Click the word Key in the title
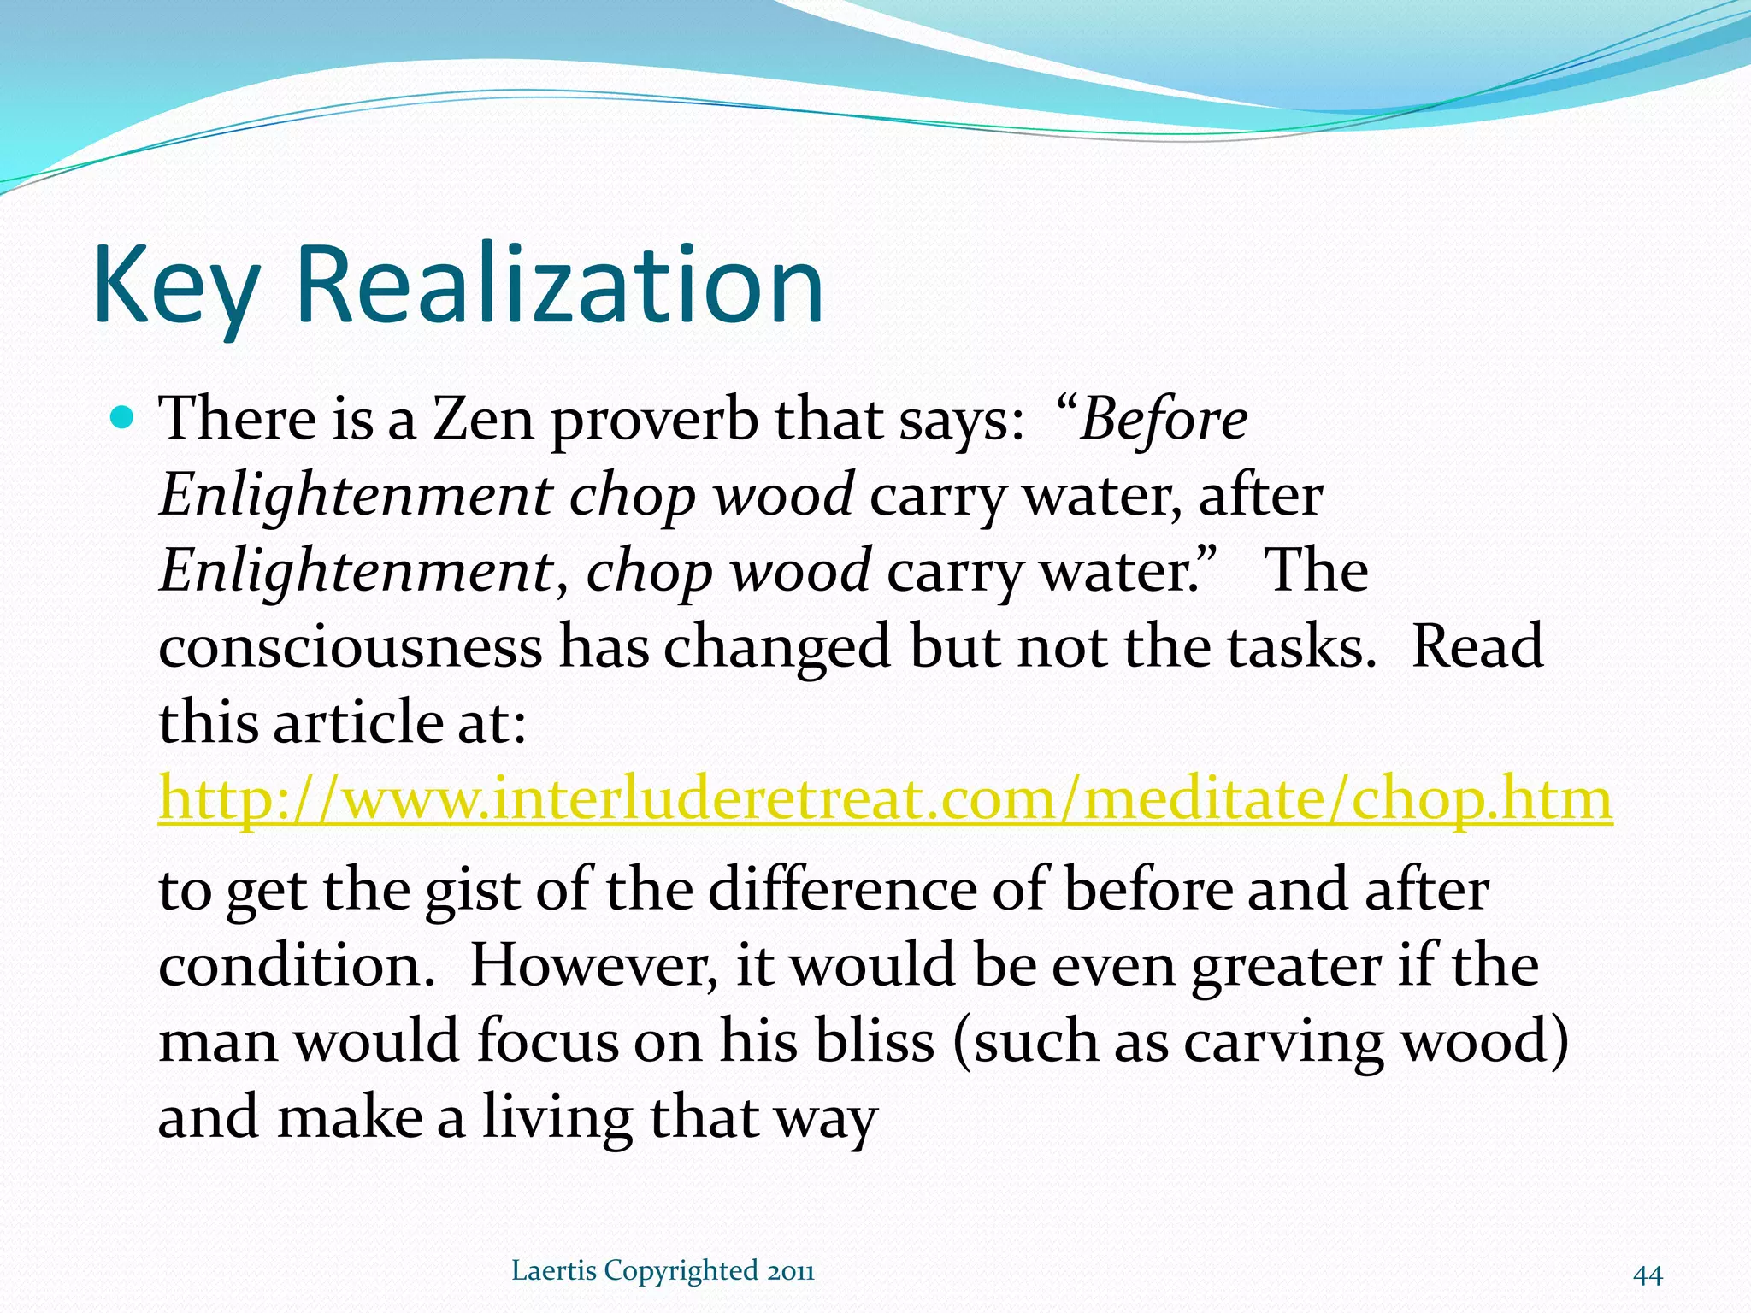175,286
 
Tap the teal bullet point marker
123,418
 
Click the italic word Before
1163,421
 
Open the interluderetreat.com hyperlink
885,799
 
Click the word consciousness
351,647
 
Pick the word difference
842,890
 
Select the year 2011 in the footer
790,1271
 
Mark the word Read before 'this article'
1477,647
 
